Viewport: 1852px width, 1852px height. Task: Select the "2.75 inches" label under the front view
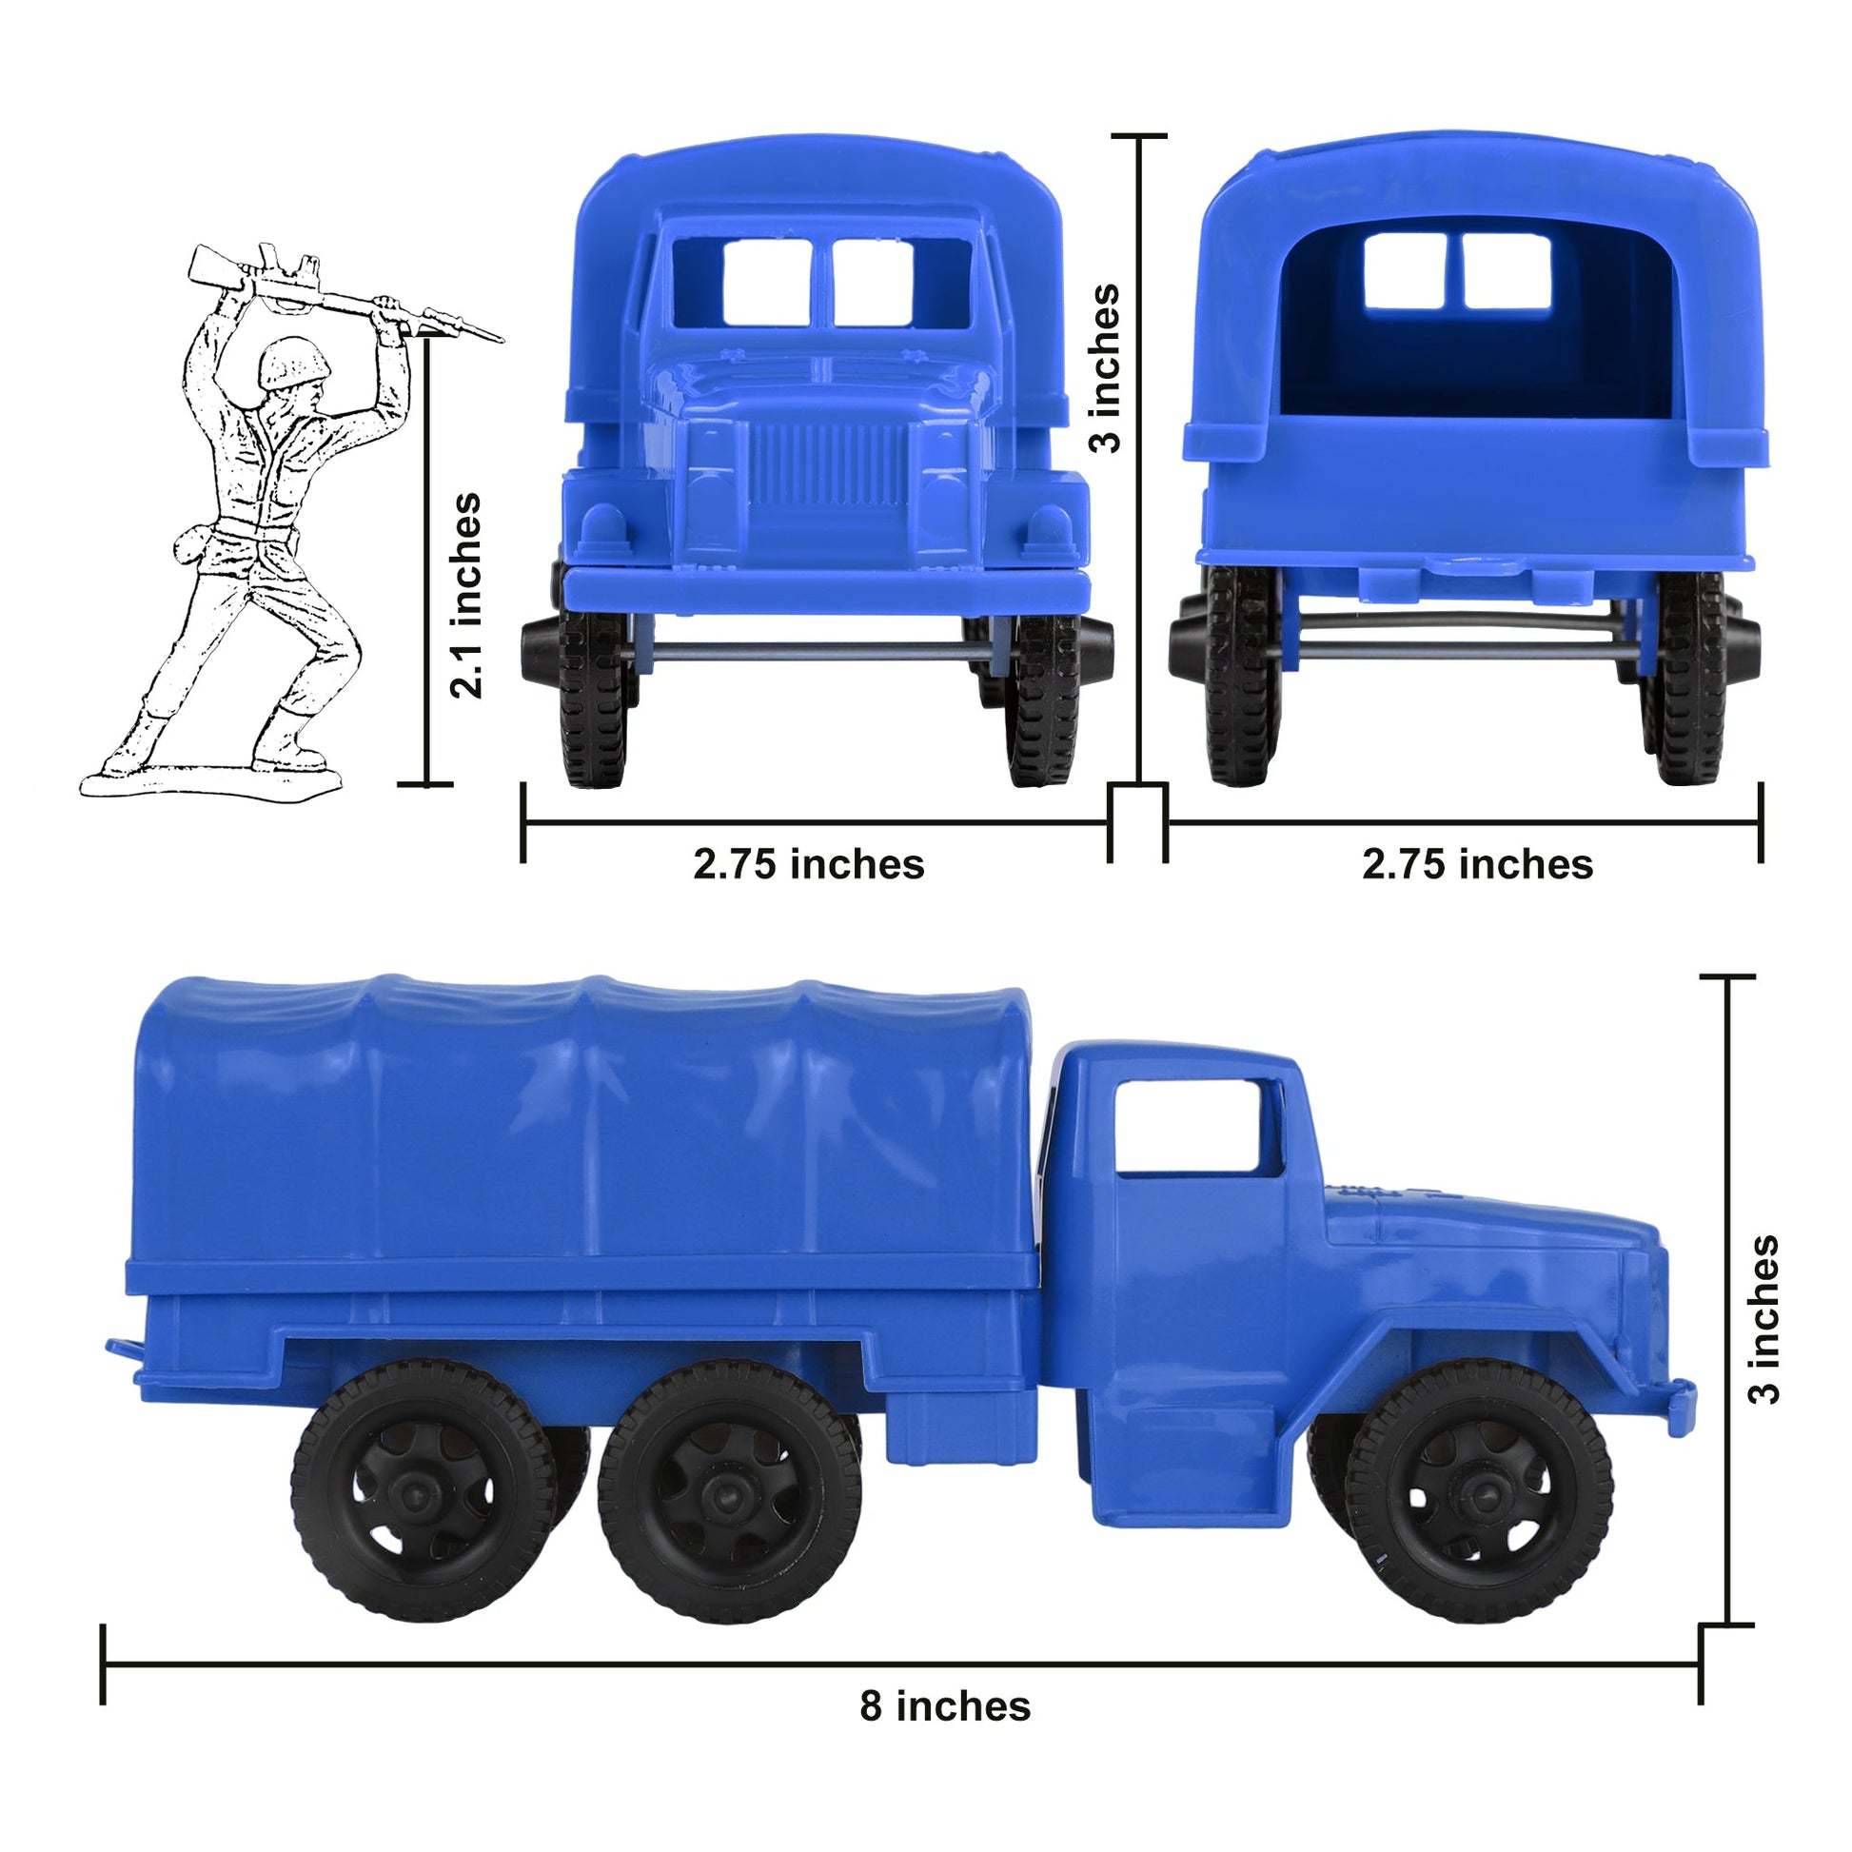point(808,864)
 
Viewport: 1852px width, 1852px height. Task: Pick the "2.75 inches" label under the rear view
point(1477,864)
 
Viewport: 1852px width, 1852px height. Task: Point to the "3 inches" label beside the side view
point(1763,1319)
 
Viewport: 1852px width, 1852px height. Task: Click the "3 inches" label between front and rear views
point(1106,367)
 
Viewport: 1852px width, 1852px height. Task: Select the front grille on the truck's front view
point(826,465)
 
